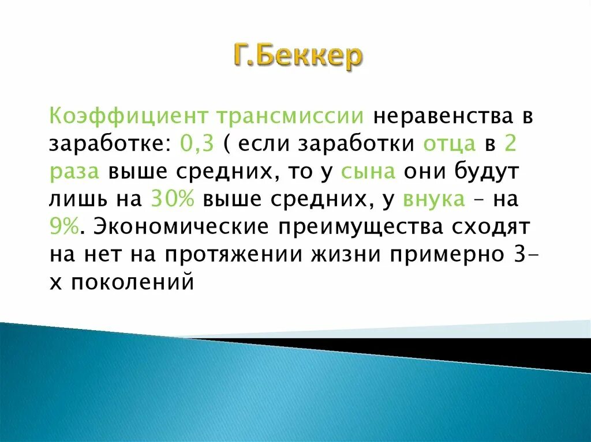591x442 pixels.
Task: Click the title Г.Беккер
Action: point(298,56)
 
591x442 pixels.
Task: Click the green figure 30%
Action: point(171,199)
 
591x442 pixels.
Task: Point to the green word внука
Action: point(435,199)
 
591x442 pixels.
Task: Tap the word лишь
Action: point(73,199)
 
